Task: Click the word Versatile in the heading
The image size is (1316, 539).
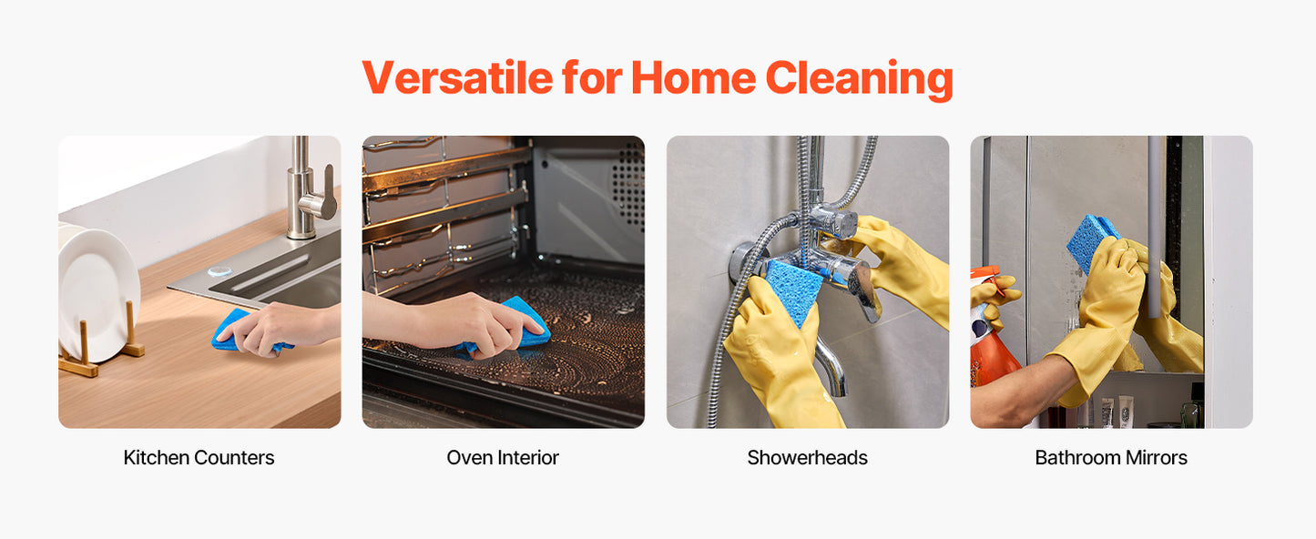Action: [x=456, y=78]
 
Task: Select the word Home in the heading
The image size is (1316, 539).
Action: [x=692, y=78]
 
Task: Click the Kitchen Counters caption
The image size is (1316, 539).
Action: [x=199, y=458]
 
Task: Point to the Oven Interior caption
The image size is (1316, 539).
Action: [x=503, y=458]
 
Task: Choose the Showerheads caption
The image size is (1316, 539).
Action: [x=807, y=458]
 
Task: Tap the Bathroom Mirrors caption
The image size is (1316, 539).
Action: [x=1111, y=458]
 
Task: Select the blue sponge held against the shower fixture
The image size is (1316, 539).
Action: [x=792, y=288]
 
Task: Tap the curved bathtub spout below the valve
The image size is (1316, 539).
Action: [x=830, y=364]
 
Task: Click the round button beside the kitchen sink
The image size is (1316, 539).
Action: [x=218, y=271]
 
